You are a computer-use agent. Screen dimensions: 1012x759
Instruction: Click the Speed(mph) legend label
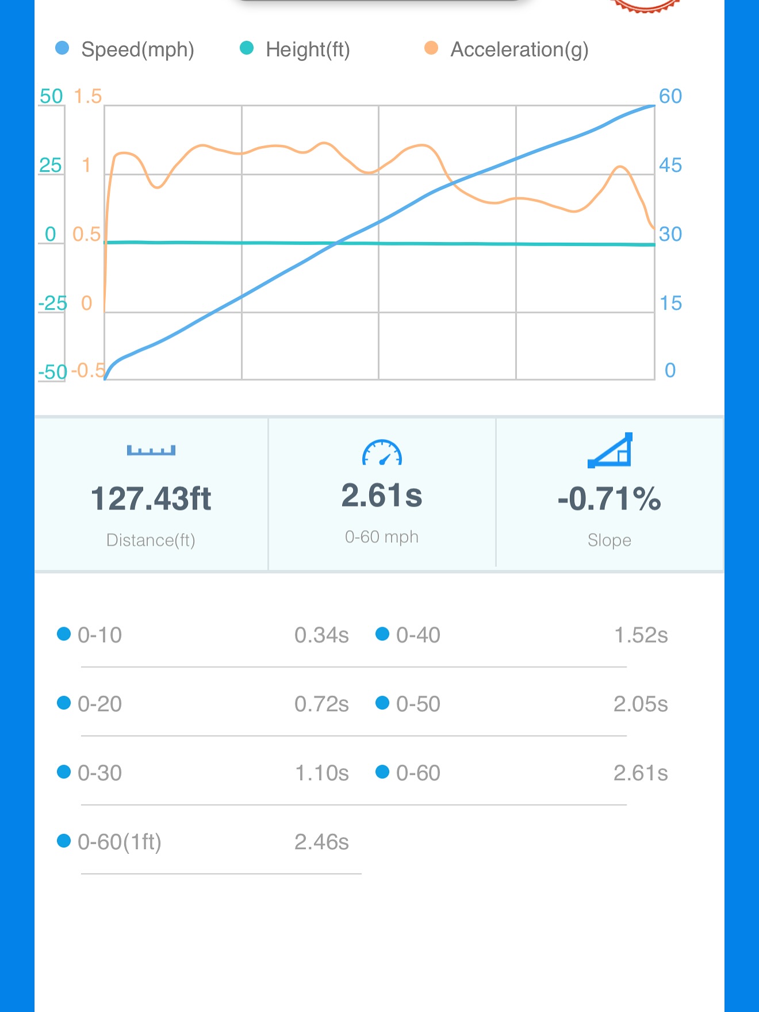tap(137, 50)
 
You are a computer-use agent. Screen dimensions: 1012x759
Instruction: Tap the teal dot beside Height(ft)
tap(247, 48)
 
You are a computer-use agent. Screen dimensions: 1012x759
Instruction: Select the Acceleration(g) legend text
tap(519, 50)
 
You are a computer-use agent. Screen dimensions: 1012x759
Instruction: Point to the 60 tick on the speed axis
tap(670, 96)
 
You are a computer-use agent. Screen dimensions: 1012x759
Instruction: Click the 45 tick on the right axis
tap(670, 166)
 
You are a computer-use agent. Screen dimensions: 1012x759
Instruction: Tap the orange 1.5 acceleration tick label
tap(87, 97)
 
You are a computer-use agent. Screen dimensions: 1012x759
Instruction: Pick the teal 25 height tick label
tap(51, 166)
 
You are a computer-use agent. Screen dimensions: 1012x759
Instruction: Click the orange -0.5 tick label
tap(88, 371)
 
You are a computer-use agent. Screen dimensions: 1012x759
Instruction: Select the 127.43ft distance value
tap(151, 499)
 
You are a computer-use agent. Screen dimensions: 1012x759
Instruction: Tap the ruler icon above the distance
tap(151, 450)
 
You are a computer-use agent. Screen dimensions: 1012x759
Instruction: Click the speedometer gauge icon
tap(382, 453)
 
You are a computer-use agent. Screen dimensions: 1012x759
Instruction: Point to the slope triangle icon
tap(610, 450)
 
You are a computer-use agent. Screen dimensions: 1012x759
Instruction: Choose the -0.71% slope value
tap(609, 499)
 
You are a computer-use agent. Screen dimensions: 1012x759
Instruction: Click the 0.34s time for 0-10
tap(321, 635)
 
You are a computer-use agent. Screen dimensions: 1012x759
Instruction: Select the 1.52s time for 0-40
tap(641, 635)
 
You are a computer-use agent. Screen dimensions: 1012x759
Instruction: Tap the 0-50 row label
tap(418, 704)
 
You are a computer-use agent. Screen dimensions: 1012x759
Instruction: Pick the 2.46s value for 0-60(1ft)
tap(321, 842)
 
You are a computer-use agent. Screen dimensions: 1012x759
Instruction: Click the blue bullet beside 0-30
tap(64, 772)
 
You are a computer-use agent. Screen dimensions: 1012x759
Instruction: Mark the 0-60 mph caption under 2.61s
tap(382, 537)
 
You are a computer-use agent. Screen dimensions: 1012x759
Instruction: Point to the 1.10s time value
tap(321, 773)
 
